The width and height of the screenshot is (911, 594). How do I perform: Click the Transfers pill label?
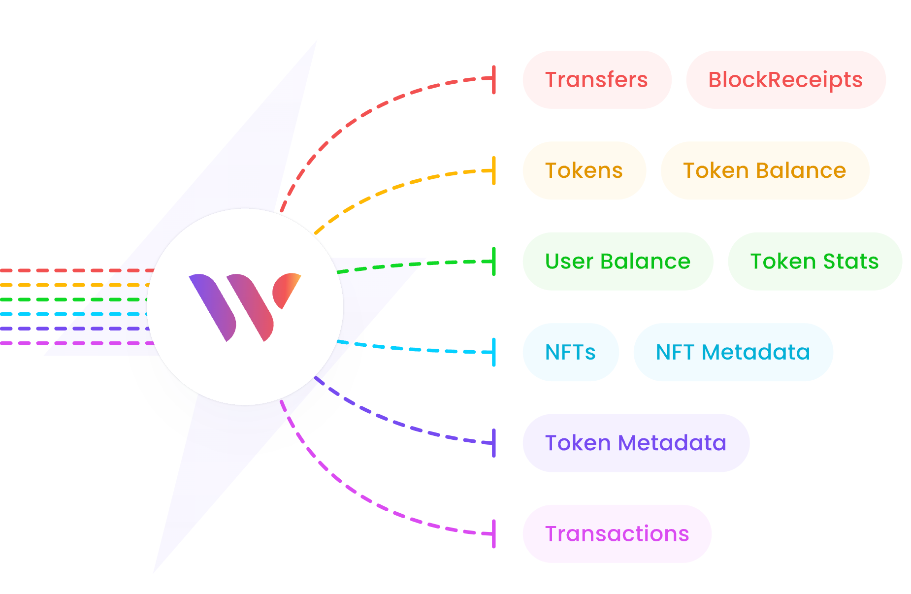pyautogui.click(x=596, y=80)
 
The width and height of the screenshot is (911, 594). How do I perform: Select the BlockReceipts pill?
pyautogui.click(x=785, y=80)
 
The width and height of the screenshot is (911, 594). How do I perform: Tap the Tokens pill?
pyautogui.click(x=584, y=171)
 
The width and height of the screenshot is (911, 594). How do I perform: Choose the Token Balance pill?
pyautogui.click(x=764, y=171)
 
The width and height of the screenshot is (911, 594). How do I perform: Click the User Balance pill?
pyautogui.click(x=618, y=262)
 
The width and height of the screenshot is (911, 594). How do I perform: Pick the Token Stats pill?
pyautogui.click(x=814, y=262)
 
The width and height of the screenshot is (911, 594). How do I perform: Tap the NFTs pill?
pyautogui.click(x=570, y=352)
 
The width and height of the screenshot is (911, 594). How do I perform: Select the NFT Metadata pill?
pyautogui.click(x=733, y=352)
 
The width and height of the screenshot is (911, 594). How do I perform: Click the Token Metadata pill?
pyautogui.click(x=636, y=443)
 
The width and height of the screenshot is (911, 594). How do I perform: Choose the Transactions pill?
pyautogui.click(x=617, y=534)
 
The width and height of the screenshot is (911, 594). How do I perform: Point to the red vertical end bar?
pyautogui.click(x=494, y=79)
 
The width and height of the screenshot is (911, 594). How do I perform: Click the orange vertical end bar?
pyautogui.click(x=494, y=171)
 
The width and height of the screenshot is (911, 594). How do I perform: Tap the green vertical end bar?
pyautogui.click(x=494, y=262)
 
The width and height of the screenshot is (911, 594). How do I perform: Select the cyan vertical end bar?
pyautogui.click(x=494, y=352)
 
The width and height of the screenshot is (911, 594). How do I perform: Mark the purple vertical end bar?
pyautogui.click(x=494, y=443)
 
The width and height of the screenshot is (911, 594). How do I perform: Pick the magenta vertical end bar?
pyautogui.click(x=494, y=534)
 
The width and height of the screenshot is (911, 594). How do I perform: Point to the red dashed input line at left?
pyautogui.click(x=74, y=270)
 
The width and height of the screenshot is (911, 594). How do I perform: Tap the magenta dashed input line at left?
pyautogui.click(x=74, y=343)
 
